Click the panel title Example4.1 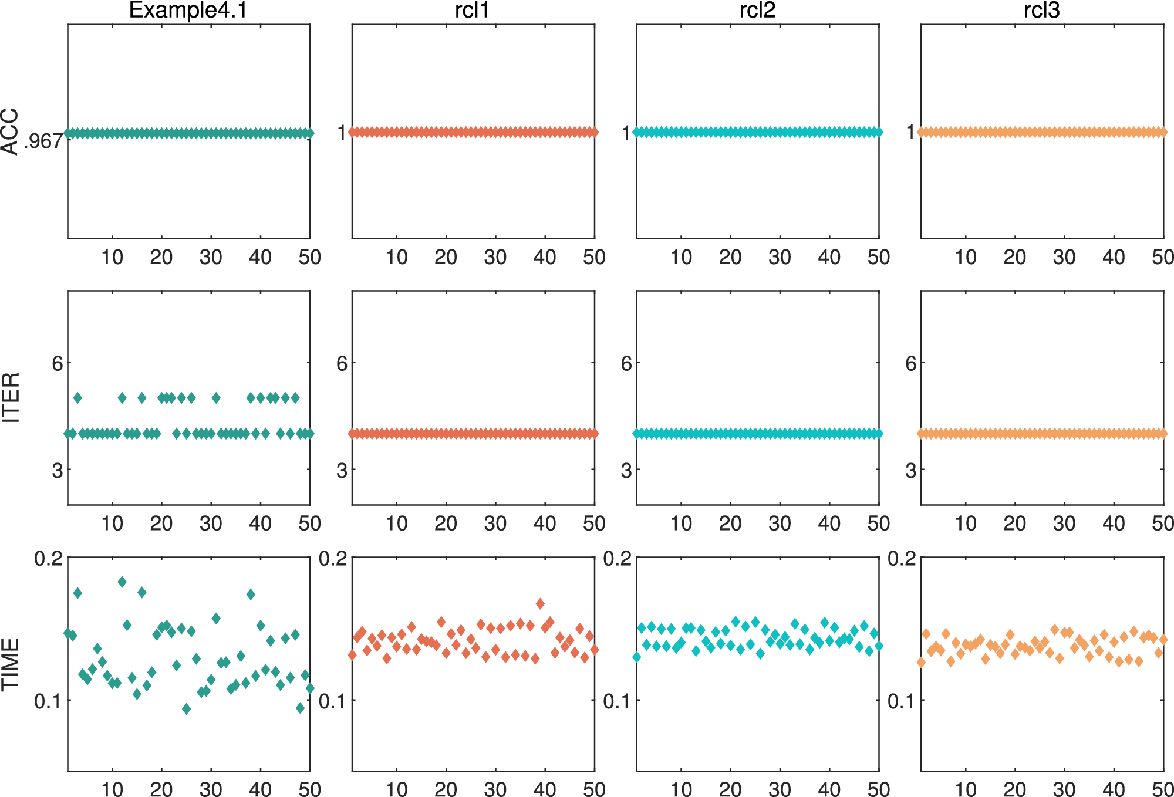[188, 11]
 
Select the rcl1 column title [472, 11]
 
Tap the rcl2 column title [757, 11]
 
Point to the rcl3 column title [1042, 11]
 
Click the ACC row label [11, 132]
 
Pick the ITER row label [11, 397]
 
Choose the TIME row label [11, 664]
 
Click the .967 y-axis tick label [42, 141]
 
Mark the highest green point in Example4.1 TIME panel [122, 582]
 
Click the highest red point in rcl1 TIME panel [540, 603]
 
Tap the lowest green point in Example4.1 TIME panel [186, 709]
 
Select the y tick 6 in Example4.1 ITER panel [57, 363]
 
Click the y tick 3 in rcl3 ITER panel [910, 470]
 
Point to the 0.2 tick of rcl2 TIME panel [617, 558]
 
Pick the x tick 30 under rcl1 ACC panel [495, 257]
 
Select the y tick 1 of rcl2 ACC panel [626, 133]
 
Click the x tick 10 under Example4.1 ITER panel [112, 524]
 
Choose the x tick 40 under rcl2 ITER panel [829, 524]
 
